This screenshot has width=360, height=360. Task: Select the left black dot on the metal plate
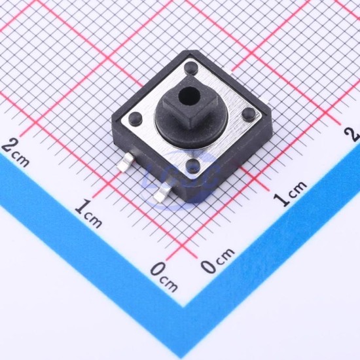[135, 118]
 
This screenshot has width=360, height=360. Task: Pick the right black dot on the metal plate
[249, 113]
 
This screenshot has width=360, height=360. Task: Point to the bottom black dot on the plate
[193, 166]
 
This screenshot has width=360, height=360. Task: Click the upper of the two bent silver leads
[126, 162]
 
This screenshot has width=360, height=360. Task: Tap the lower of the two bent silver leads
[162, 194]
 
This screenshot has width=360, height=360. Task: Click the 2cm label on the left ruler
[15, 153]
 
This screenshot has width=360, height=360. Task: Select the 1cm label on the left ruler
[88, 213]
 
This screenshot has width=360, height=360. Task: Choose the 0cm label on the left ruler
[164, 276]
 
